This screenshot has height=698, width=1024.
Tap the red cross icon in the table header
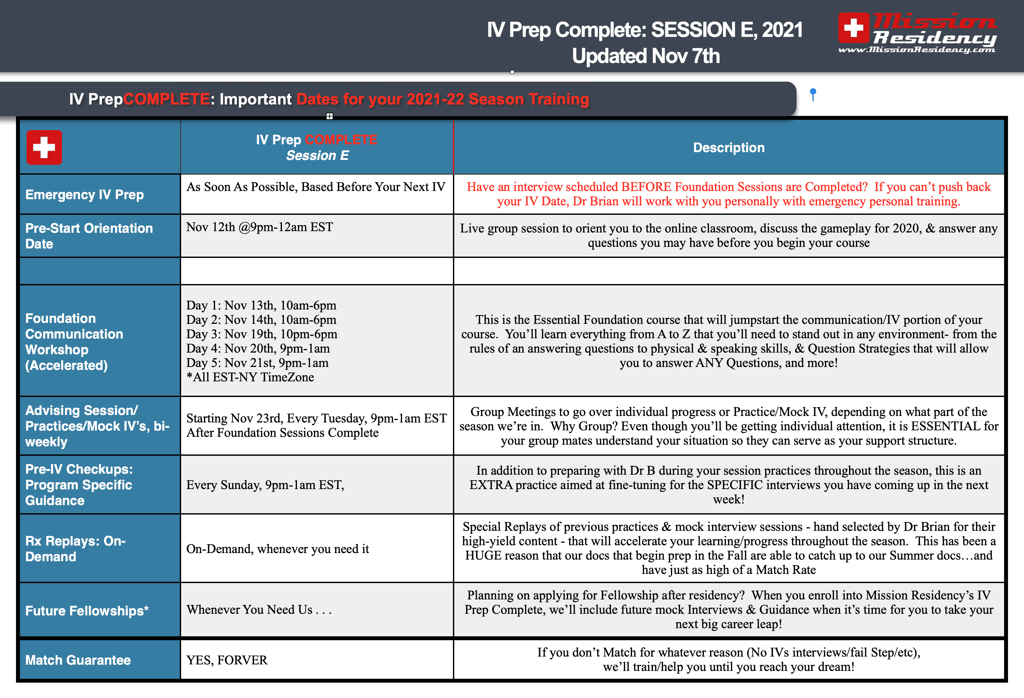pyautogui.click(x=44, y=147)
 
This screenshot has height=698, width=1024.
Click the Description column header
pyautogui.click(x=728, y=148)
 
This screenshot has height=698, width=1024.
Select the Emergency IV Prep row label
pyautogui.click(x=85, y=195)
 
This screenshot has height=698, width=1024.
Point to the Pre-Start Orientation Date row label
pyautogui.click(x=89, y=236)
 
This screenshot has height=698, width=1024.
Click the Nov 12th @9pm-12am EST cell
pyautogui.click(x=259, y=227)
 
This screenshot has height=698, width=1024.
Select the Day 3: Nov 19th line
pyautogui.click(x=262, y=334)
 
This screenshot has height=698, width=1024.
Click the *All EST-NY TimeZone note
pyautogui.click(x=250, y=377)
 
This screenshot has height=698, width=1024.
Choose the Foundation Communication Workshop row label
pyautogui.click(x=74, y=342)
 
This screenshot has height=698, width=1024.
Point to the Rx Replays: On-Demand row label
pyautogui.click(x=75, y=548)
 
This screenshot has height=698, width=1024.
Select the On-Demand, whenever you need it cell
pyautogui.click(x=278, y=549)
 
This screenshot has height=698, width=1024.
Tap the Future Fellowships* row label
pyautogui.click(x=87, y=611)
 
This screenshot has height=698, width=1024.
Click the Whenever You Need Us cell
pyautogui.click(x=259, y=610)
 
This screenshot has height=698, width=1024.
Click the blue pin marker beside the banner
pyautogui.click(x=813, y=94)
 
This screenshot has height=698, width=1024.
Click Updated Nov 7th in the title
pyautogui.click(x=645, y=56)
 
